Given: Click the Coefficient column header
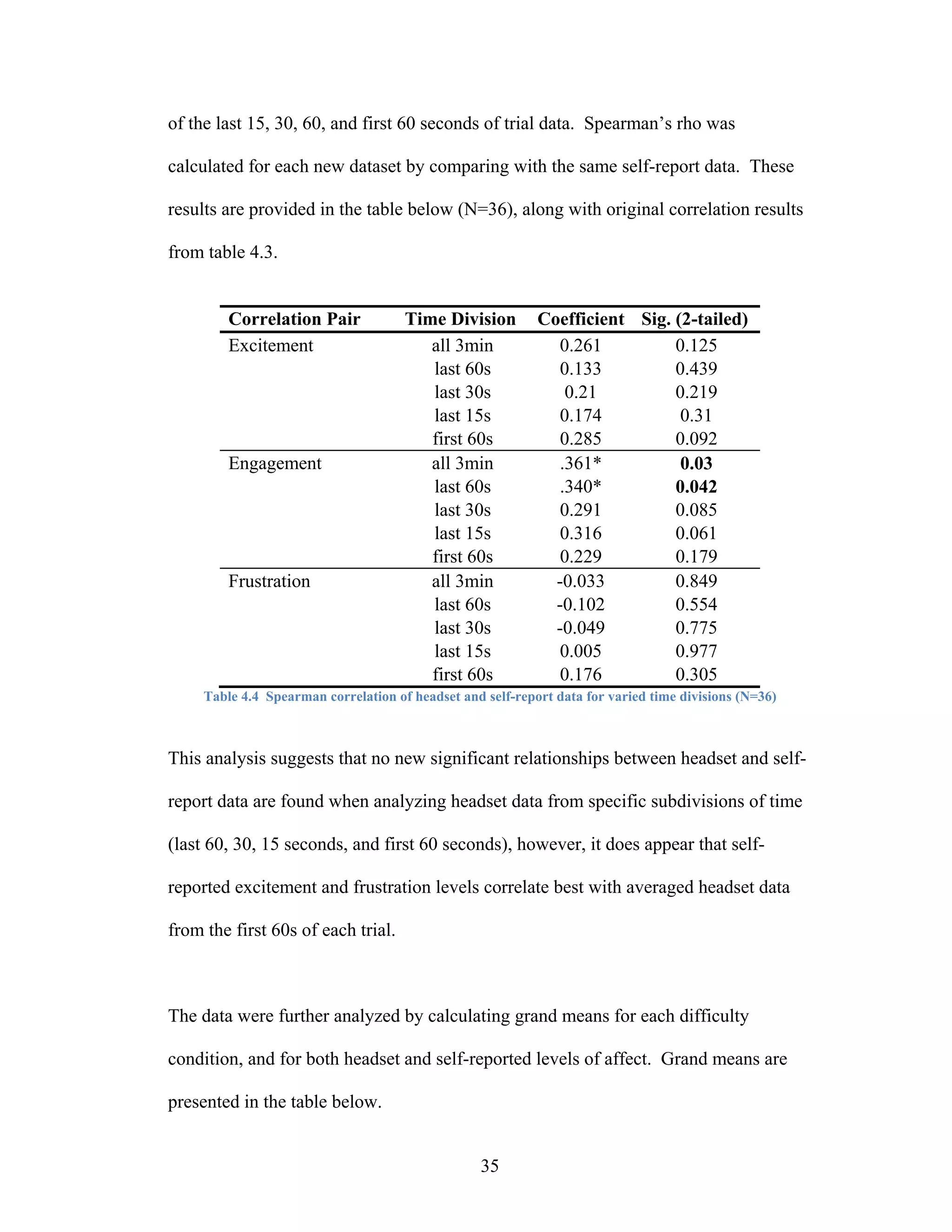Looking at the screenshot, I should tap(580, 319).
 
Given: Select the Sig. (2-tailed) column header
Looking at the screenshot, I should tap(694, 319).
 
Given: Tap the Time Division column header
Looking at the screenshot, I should tap(460, 319).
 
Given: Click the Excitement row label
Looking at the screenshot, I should tap(270, 345).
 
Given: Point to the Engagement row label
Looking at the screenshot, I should tap(275, 463).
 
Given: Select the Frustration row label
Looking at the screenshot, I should tap(269, 581).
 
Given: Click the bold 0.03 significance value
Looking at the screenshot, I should tap(696, 463).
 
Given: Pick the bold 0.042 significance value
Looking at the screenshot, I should tap(696, 487).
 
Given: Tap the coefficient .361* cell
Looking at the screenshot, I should tap(580, 463).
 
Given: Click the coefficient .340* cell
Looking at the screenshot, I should tap(580, 487).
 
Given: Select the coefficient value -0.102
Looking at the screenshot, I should tap(580, 605).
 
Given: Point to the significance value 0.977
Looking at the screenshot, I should tap(696, 651).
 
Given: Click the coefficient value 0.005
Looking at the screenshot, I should tap(580, 651).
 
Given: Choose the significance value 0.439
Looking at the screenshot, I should tap(696, 369).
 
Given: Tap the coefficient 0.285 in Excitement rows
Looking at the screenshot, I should tap(580, 439).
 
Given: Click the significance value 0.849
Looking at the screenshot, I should tap(696, 581).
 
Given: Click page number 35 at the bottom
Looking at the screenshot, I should tap(489, 1166).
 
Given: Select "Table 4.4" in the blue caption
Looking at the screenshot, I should tap(231, 697).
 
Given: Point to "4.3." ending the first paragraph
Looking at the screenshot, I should tap(264, 252).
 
